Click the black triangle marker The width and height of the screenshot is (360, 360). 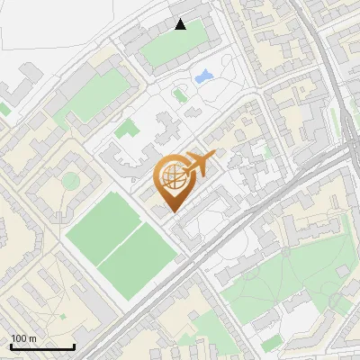(181, 24)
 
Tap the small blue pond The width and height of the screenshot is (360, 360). (202, 76)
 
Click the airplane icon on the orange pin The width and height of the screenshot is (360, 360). (200, 163)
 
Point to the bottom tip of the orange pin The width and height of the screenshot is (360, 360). (172, 212)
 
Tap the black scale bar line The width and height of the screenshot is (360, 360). (42, 347)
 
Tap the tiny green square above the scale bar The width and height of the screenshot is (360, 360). (62, 318)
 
